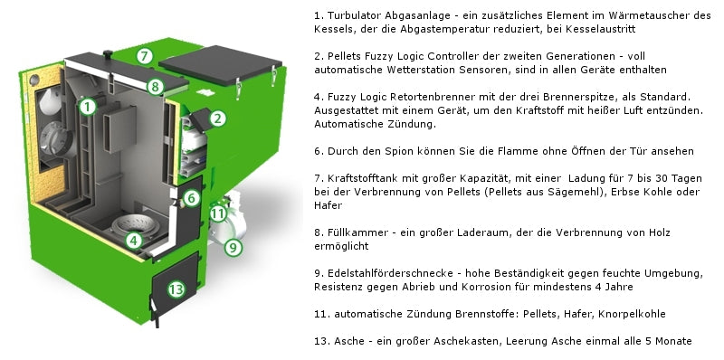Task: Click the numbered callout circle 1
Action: [87, 106]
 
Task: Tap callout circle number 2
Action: [218, 117]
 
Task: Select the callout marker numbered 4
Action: [133, 241]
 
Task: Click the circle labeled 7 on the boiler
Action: [145, 56]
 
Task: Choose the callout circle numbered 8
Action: [155, 88]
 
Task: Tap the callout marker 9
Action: [233, 245]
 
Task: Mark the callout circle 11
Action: [217, 213]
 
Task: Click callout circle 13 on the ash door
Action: [176, 289]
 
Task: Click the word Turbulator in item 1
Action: [356, 16]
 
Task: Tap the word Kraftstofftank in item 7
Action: [363, 178]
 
